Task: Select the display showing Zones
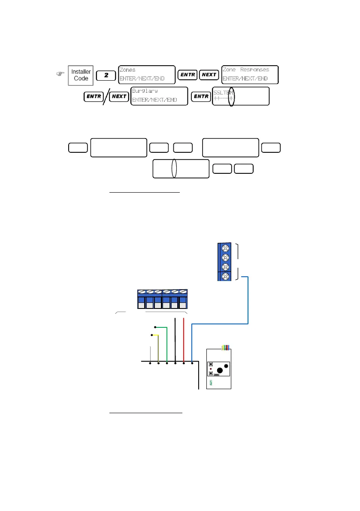146,75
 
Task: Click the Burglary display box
159,96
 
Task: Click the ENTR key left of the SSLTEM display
200,96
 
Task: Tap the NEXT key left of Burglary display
119,96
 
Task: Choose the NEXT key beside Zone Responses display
209,75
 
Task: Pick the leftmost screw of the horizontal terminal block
142,293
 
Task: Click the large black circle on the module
220,371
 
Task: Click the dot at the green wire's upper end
155,327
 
